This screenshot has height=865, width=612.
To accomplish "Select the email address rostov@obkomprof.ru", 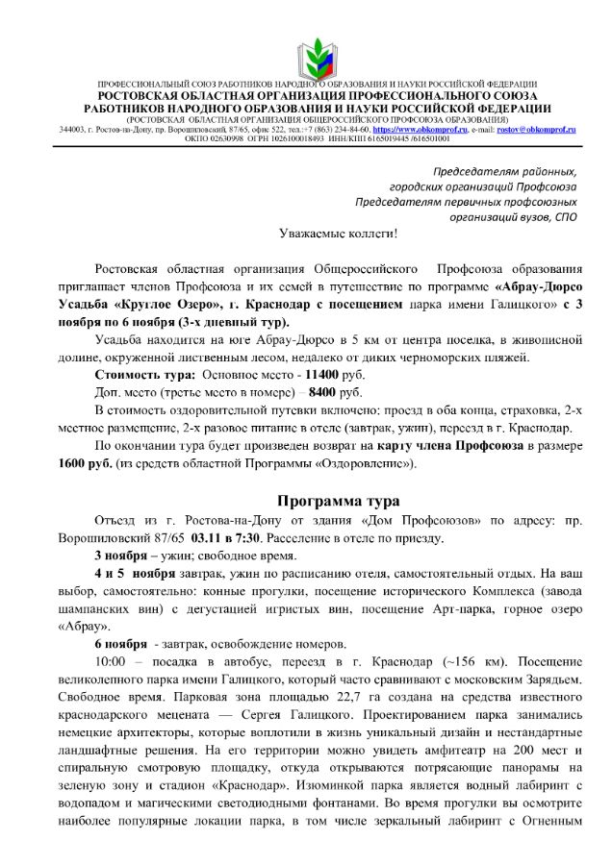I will pyautogui.click(x=536, y=128).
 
